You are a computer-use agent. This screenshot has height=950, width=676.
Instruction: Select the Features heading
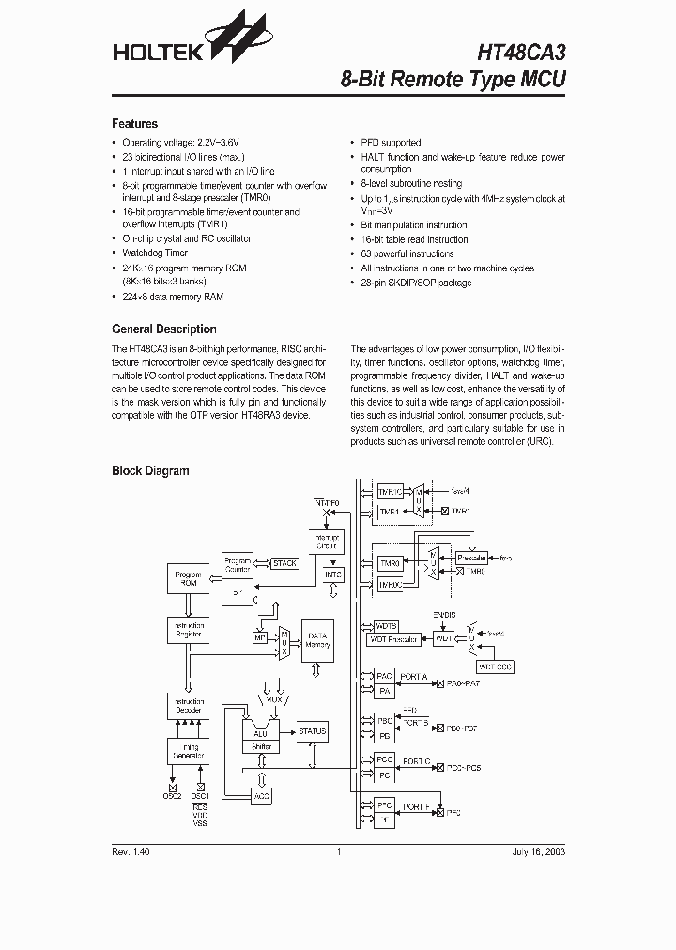coord(134,124)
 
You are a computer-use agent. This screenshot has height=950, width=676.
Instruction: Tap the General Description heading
coord(163,329)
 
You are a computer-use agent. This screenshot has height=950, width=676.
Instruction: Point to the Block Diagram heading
coord(150,471)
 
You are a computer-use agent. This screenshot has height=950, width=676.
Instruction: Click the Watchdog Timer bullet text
coord(155,253)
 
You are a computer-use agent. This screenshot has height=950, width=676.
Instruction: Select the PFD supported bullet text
coord(391,143)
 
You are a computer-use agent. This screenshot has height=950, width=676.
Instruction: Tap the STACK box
coord(284,563)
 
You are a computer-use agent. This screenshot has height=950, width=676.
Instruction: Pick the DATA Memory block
coord(317,640)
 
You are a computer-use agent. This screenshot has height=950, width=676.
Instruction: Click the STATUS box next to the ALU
coord(312,731)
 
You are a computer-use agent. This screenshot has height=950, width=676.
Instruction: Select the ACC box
coord(261,796)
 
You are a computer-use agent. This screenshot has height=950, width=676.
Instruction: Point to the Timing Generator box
coord(188,751)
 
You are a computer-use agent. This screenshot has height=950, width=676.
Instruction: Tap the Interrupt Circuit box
coord(326,541)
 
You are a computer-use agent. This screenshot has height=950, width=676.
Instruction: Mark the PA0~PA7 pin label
coord(465,683)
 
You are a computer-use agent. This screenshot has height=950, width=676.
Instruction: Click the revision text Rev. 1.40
coord(131,852)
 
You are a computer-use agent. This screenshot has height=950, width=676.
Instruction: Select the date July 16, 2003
coord(538,852)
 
